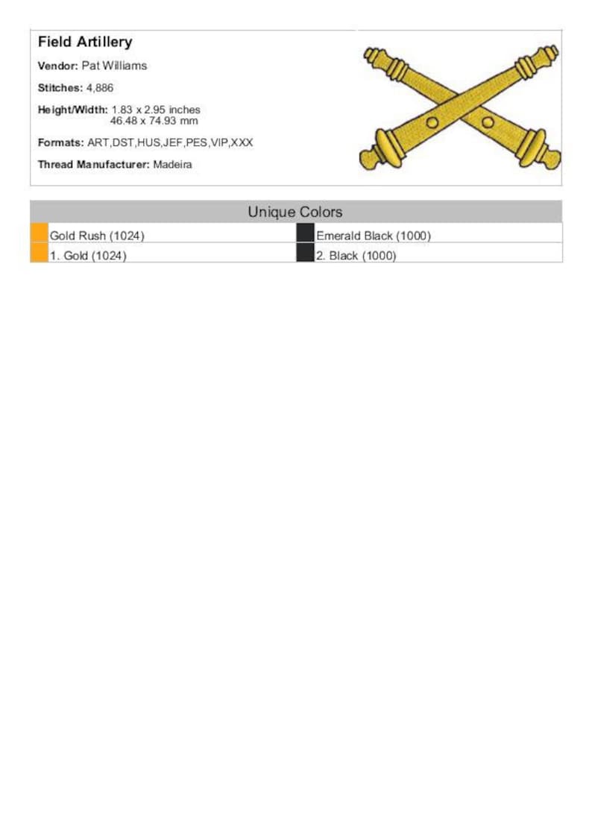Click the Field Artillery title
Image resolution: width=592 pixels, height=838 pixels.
click(x=85, y=42)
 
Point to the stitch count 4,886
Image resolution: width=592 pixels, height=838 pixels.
click(x=100, y=88)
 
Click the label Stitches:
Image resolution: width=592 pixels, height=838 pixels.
click(x=60, y=88)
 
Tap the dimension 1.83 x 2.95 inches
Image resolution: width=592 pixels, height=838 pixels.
click(x=156, y=110)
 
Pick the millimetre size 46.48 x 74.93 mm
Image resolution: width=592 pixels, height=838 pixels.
click(x=154, y=120)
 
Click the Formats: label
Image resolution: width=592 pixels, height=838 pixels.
click(x=61, y=142)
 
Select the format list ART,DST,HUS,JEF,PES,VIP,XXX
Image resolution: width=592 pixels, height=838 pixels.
click(x=170, y=142)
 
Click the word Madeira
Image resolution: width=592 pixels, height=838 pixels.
click(x=172, y=165)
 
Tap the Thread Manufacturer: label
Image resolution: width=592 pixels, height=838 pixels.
click(x=94, y=165)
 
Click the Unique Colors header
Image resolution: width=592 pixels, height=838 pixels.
click(x=295, y=212)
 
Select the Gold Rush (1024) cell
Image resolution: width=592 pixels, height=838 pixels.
click(x=97, y=236)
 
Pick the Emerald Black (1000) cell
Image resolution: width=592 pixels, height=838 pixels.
click(x=374, y=236)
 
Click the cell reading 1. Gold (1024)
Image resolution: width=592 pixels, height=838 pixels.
click(x=88, y=256)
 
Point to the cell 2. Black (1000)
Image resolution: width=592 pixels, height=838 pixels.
click(x=356, y=256)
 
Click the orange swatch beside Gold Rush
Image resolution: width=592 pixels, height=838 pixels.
click(x=40, y=233)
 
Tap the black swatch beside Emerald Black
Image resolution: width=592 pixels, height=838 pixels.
click(x=305, y=233)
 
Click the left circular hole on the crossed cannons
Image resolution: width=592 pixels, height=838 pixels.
click(x=432, y=122)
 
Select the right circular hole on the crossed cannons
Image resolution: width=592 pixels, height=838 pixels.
click(x=488, y=122)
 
